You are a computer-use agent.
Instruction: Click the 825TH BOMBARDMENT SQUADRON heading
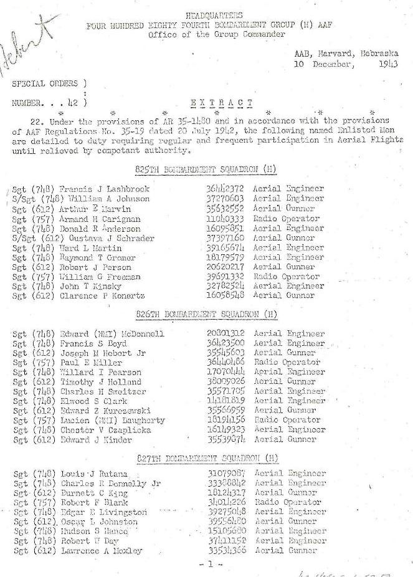coord(206,169)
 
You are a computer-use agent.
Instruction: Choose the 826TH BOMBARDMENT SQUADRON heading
coord(206,314)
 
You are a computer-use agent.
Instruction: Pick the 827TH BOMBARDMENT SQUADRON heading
coord(206,459)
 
